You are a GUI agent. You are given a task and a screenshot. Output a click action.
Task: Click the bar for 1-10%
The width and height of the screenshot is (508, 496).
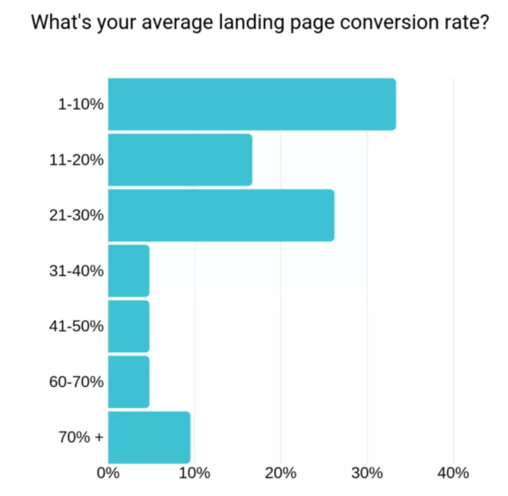[x=251, y=104]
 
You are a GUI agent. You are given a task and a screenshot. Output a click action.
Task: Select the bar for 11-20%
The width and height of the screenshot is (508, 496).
[x=180, y=160]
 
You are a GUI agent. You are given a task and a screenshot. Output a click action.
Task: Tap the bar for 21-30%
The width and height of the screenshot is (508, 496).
[x=221, y=215]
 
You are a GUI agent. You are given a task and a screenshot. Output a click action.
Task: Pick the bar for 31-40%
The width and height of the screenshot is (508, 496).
[x=128, y=270]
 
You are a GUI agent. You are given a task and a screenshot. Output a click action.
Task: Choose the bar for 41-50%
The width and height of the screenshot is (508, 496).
[x=128, y=326]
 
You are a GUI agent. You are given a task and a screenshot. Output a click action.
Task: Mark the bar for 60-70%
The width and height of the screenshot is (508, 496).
[x=128, y=382]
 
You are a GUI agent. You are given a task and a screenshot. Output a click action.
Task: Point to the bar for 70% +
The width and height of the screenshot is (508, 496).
[x=149, y=437]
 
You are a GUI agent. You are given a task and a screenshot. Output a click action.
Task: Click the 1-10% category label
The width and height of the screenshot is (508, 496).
[x=81, y=104]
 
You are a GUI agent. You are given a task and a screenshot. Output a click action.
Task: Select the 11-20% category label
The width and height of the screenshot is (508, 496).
[x=76, y=160]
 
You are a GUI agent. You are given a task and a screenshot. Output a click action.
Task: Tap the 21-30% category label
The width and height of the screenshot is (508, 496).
[x=76, y=215]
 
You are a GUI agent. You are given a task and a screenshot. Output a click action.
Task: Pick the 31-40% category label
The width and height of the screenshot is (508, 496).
[x=76, y=271]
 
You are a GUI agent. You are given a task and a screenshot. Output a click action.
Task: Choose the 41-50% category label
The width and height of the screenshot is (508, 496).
[x=76, y=326]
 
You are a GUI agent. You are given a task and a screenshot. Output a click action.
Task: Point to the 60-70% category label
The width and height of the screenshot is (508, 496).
[x=76, y=382]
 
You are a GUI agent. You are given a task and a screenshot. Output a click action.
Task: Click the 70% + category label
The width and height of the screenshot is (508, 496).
[x=81, y=438]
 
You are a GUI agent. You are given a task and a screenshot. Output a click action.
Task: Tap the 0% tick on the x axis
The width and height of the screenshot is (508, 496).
[x=108, y=474]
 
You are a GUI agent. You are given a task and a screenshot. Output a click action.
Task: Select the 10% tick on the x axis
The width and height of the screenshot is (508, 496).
[x=194, y=474]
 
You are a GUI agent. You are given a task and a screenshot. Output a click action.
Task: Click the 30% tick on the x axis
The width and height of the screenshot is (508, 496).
[x=367, y=474]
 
